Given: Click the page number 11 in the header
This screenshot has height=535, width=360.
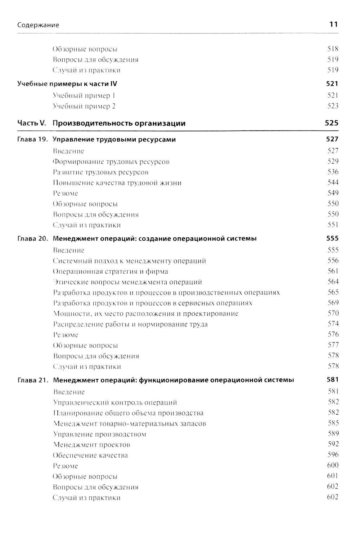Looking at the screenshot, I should [333, 24].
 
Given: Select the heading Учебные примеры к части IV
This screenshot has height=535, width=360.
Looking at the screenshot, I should [67, 84].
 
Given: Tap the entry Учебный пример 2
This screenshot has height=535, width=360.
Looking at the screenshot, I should [84, 106].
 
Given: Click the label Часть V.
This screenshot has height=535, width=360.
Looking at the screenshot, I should [32, 123].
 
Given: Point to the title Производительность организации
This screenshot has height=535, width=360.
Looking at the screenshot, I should [119, 123].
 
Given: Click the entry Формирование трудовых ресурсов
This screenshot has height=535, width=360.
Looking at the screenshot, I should [111, 162].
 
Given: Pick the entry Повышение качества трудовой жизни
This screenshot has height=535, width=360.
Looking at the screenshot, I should [117, 183].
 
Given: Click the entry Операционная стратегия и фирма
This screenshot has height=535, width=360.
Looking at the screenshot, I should [111, 271].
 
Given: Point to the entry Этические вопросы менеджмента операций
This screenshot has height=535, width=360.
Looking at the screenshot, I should [127, 282].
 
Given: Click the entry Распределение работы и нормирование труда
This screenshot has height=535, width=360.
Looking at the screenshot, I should [130, 324].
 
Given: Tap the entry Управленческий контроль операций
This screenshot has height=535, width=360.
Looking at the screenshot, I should [115, 402].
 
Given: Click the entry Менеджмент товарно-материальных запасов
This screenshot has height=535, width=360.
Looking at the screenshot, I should [130, 424].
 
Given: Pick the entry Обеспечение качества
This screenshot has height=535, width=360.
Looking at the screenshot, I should [90, 455].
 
